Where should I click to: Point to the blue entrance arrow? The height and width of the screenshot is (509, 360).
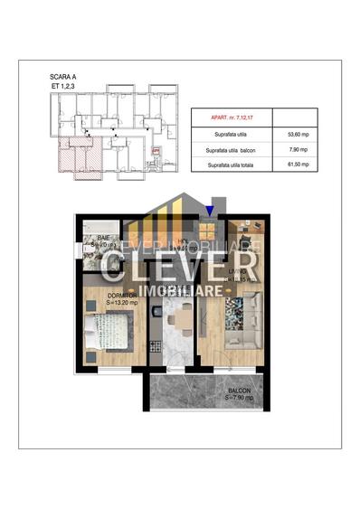210,212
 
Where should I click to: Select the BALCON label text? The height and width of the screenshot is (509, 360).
239,390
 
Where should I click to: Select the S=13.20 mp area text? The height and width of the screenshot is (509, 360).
109,302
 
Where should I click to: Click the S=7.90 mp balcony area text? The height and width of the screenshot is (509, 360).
239,398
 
